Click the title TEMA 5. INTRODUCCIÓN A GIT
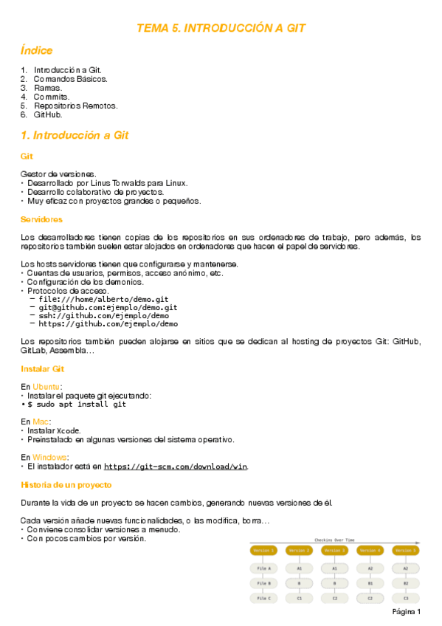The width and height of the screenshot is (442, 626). pos(221,28)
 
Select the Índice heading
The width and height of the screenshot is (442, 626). pos(37,51)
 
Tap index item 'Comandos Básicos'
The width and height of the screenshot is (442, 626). pos(70,78)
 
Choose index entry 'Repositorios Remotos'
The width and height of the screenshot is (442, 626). pos(75,106)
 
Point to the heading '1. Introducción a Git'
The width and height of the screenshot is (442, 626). pos(75,136)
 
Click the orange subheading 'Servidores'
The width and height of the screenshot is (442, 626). pos(41,219)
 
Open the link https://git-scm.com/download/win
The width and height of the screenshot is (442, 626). pos(176,467)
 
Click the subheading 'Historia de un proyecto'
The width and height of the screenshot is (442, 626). pos(66,485)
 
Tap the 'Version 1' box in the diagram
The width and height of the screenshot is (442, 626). pos(263,550)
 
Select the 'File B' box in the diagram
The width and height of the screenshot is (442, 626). pos(263,582)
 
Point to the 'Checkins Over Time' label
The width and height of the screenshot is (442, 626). pos(334,540)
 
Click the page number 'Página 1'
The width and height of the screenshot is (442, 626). pos(407,612)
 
